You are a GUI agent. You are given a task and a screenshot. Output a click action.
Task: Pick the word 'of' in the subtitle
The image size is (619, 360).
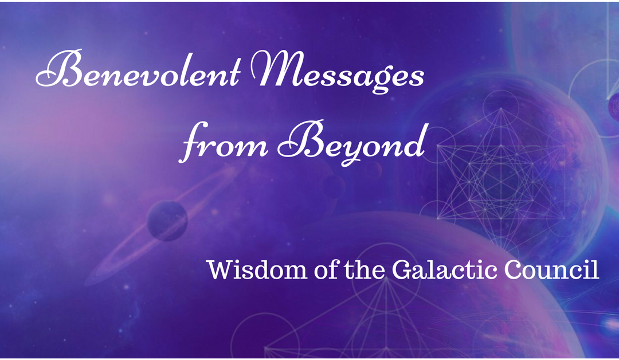322,270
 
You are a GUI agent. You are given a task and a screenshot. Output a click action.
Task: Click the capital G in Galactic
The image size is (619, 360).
401,270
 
